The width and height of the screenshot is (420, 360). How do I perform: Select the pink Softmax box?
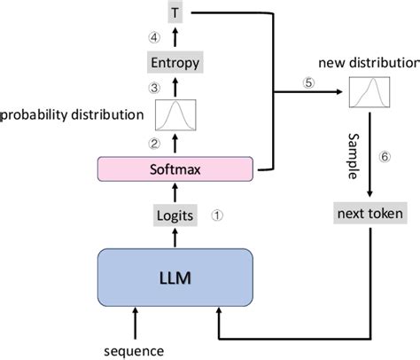point(175,166)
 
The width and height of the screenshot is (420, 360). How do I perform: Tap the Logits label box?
point(175,215)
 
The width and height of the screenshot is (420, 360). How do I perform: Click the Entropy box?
point(175,63)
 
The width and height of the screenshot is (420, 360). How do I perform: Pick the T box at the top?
point(175,12)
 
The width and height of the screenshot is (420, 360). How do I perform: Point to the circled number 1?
point(217,215)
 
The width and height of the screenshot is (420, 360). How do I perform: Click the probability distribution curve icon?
point(175,114)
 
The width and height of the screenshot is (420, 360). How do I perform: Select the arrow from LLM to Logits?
point(175,237)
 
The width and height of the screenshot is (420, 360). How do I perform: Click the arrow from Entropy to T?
point(175,37)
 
